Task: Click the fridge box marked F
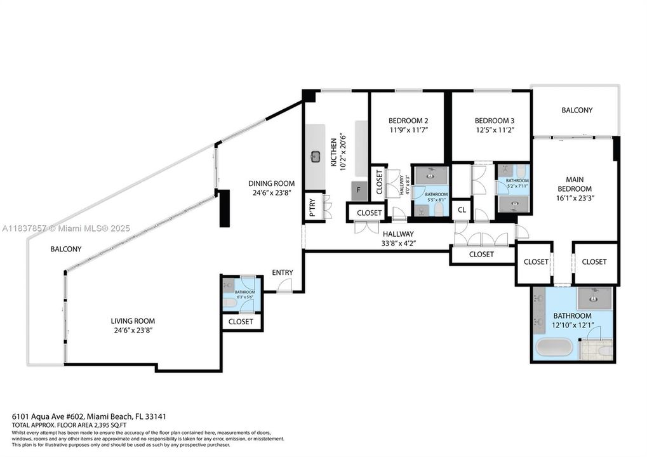point(359,189)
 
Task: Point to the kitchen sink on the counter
point(316,156)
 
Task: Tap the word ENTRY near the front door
point(283,272)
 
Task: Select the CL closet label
point(462,209)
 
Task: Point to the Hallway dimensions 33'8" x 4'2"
point(397,243)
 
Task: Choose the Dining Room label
point(271,183)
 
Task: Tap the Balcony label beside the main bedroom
point(577,110)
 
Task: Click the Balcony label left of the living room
point(66,249)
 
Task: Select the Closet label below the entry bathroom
point(241,322)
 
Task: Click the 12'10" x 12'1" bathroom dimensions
point(572,326)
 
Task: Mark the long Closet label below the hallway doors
point(481,255)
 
